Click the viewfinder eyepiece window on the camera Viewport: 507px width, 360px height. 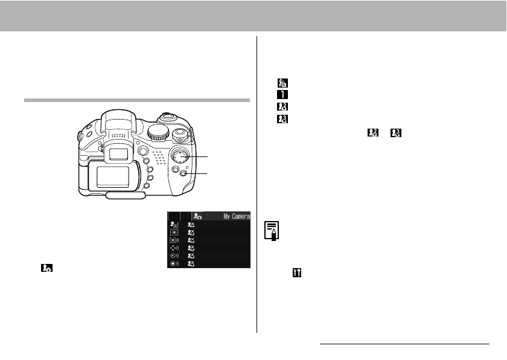click(118, 154)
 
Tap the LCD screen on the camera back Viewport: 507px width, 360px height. click(112, 176)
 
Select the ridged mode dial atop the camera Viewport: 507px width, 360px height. click(158, 132)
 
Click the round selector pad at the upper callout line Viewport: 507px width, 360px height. click(180, 156)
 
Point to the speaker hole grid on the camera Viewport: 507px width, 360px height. click(159, 157)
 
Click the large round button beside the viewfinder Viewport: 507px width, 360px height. click(142, 151)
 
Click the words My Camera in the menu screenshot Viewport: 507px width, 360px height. click(237, 216)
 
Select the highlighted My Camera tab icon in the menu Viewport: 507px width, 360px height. click(197, 216)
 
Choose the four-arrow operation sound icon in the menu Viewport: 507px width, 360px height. click(174, 248)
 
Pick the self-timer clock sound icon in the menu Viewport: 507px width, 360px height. click(174, 256)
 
